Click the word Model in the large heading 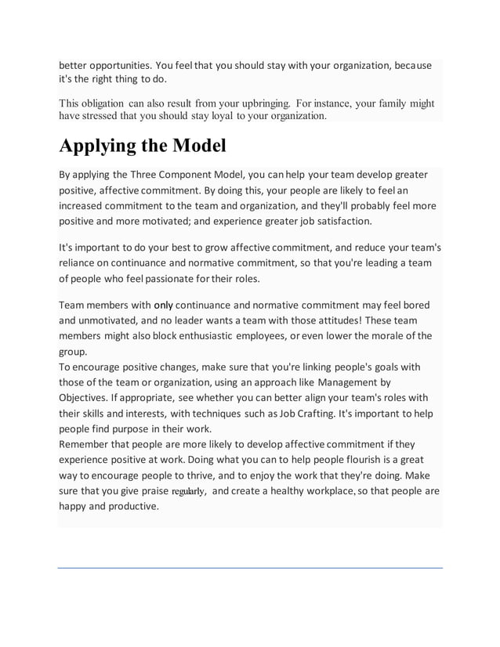[x=191, y=146]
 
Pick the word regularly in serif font [x=188, y=491]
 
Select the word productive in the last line [x=129, y=506]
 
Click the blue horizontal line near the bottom [x=250, y=567]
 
